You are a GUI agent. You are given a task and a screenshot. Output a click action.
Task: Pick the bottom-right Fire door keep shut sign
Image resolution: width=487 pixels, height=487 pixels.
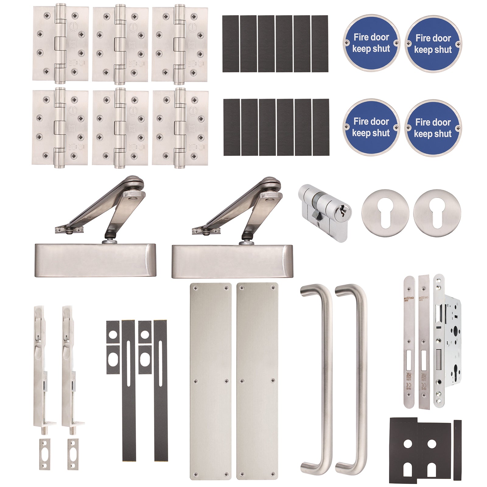pos(433,128)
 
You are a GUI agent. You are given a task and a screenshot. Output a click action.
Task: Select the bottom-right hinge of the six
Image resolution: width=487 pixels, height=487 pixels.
pos(180,128)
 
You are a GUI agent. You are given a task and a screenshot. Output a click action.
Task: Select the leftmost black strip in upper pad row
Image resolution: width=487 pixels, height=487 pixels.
pos(230,44)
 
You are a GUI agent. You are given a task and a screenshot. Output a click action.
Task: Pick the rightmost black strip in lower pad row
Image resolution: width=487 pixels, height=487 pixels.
pos(321,127)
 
